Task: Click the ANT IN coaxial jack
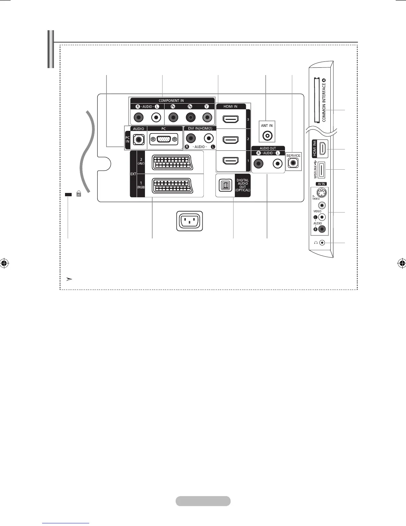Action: pyautogui.click(x=267, y=135)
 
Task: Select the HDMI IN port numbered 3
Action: pyautogui.click(x=231, y=119)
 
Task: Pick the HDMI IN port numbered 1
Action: pyautogui.click(x=231, y=161)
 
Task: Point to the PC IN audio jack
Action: pyautogui.click(x=138, y=139)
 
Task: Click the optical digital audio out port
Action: pyautogui.click(x=226, y=186)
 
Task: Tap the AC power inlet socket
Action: pyautogui.click(x=190, y=220)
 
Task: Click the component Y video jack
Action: pyautogui.click(x=207, y=117)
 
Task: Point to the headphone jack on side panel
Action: pyautogui.click(x=322, y=243)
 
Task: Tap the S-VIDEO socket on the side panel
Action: pyautogui.click(x=321, y=193)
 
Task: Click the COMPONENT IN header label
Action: pyautogui.click(x=171, y=101)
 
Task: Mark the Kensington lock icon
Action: pyautogui.click(x=79, y=194)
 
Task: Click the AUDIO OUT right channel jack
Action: pyautogui.click(x=258, y=163)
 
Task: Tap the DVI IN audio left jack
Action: pyautogui.click(x=208, y=138)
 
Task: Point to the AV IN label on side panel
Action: pyautogui.click(x=321, y=184)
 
